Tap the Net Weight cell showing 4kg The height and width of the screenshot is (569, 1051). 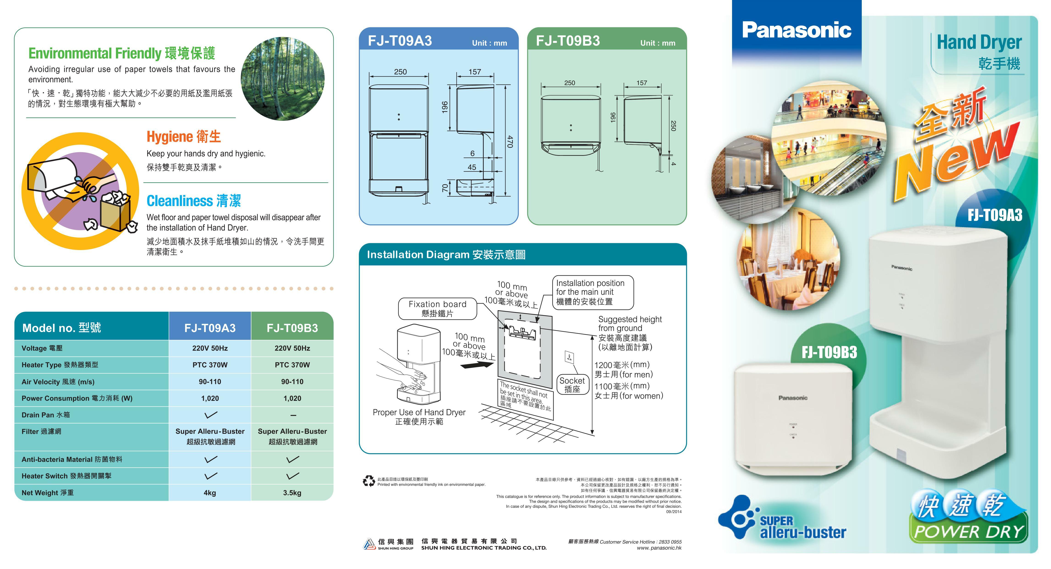point(210,493)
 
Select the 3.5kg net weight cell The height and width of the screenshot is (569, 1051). point(292,493)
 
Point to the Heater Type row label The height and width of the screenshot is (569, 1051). point(60,365)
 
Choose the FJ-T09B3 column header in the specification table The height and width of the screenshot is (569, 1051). point(292,328)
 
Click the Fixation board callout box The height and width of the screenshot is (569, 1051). point(437,309)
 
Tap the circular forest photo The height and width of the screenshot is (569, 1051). point(283,79)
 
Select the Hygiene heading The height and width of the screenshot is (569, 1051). point(184,137)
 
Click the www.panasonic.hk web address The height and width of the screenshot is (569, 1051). point(659,548)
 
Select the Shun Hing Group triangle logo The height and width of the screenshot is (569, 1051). point(369,544)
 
